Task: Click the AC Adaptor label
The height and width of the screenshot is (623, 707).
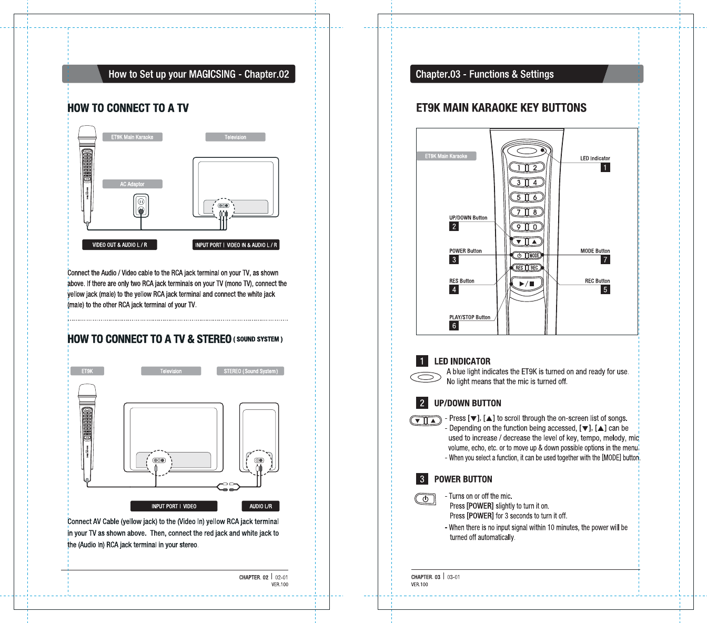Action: tap(132, 184)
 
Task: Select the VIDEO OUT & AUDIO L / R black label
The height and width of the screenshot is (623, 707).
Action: tap(119, 245)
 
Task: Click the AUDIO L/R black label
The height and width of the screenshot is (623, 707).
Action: tap(260, 506)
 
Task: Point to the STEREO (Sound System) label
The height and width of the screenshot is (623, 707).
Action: tap(250, 371)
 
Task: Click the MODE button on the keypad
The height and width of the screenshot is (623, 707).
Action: tap(534, 255)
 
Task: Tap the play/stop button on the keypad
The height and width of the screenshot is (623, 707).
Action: tap(527, 284)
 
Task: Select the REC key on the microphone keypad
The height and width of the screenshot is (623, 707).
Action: tap(534, 268)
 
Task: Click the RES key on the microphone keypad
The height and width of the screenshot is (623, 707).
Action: tap(519, 268)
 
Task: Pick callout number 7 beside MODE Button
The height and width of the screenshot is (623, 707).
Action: tap(605, 259)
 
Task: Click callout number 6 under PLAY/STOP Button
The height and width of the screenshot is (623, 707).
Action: tap(454, 326)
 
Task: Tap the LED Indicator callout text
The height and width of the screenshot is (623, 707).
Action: tap(595, 158)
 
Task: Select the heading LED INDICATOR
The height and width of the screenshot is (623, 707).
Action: tap(462, 361)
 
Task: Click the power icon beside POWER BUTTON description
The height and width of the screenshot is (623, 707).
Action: tap(425, 499)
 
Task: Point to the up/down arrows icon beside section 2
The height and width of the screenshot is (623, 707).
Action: tap(426, 420)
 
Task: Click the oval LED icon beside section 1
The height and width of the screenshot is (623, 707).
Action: tap(425, 377)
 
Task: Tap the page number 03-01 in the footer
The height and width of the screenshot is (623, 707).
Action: tap(453, 577)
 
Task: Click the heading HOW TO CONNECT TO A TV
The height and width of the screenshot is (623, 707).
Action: tap(128, 108)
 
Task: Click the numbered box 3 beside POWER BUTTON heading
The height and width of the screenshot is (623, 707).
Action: tap(422, 479)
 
